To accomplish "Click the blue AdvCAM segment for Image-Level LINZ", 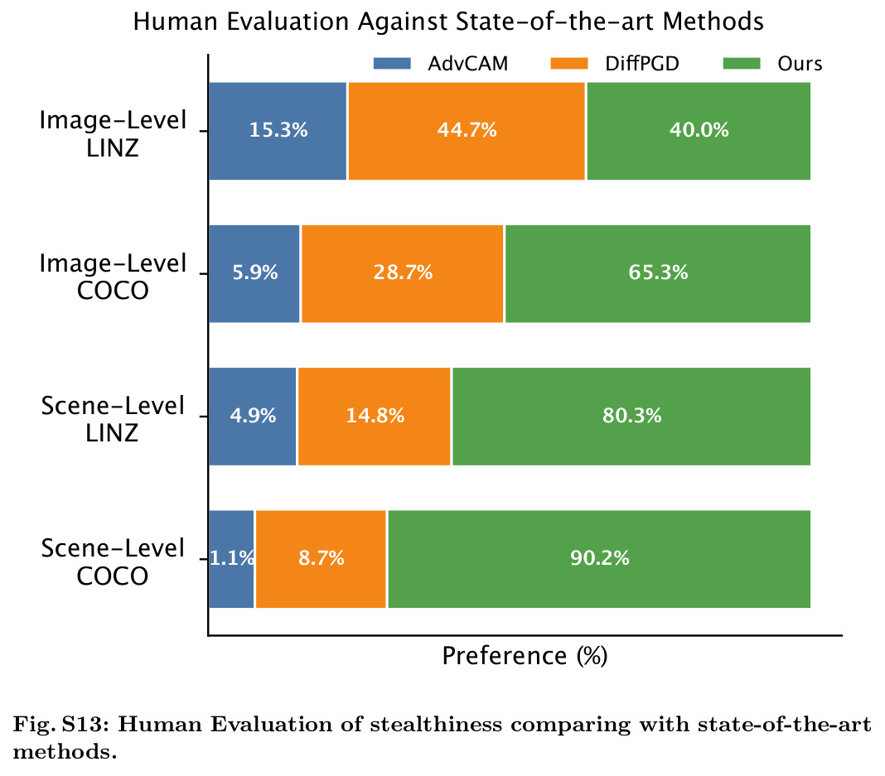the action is [x=278, y=131].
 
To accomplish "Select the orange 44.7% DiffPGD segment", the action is [x=467, y=131].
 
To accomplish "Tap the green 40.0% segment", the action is [x=699, y=131].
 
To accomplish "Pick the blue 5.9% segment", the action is [x=254, y=273].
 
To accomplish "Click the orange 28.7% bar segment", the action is [x=403, y=273].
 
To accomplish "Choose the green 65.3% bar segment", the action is [x=658, y=273].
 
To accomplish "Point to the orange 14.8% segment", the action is [x=375, y=417].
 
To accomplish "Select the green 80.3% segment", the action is [x=631, y=417].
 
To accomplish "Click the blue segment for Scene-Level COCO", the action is [x=231, y=559].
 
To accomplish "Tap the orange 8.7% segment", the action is [x=321, y=559].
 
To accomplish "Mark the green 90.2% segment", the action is [x=599, y=559].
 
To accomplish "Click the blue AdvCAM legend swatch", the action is [x=392, y=63].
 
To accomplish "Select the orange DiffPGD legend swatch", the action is [x=569, y=63].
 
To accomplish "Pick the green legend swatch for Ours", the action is [x=742, y=63].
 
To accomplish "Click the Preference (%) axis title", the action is [x=525, y=656].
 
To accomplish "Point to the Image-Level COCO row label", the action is [x=113, y=277].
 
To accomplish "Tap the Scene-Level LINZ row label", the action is [x=113, y=419].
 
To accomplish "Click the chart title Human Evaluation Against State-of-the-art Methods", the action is [x=448, y=22].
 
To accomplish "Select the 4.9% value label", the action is [x=253, y=416].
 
